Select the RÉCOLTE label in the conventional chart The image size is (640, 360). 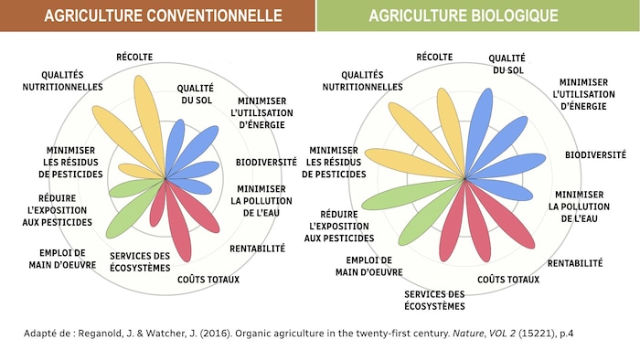(x=134, y=57)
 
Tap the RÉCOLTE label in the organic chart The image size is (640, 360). (x=434, y=57)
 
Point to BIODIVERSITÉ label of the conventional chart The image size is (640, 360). (x=266, y=162)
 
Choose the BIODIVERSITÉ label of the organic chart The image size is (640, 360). (x=595, y=154)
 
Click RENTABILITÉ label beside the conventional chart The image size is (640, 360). (x=257, y=248)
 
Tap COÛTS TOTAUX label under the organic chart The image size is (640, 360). (x=508, y=279)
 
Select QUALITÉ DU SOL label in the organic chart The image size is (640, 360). (x=507, y=64)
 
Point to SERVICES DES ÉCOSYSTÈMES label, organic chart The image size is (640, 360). (x=434, y=300)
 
